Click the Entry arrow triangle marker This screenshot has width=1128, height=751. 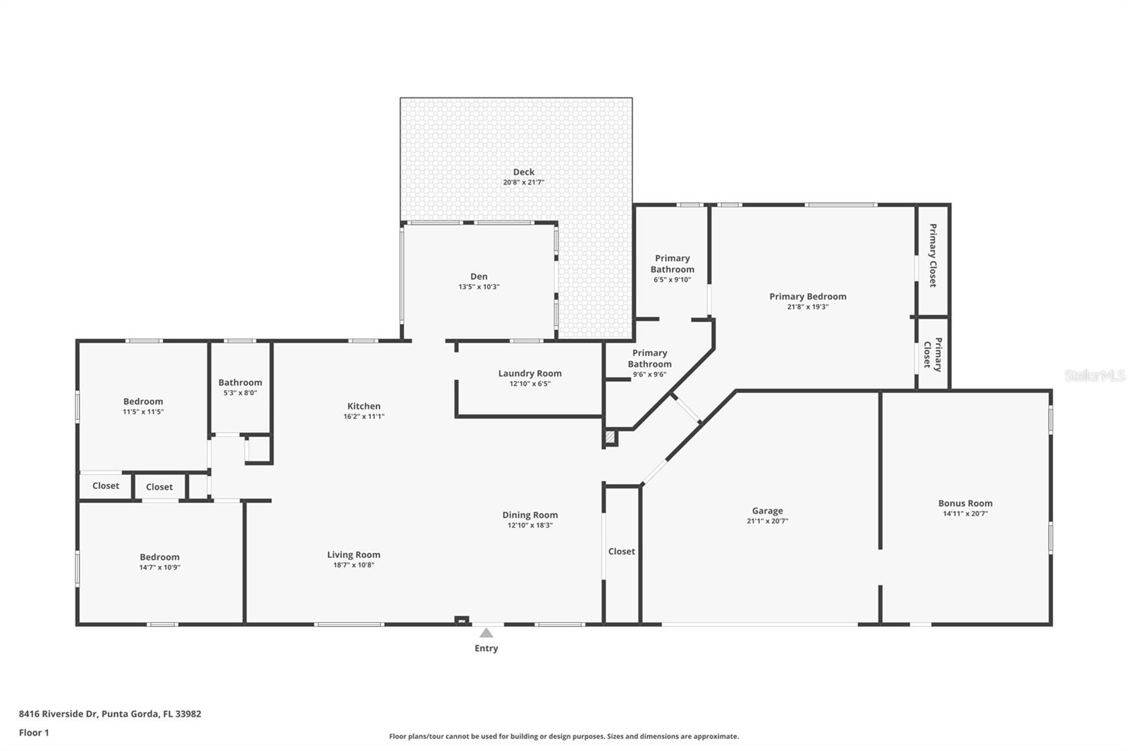486,633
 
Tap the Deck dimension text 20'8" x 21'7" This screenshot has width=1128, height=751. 523,182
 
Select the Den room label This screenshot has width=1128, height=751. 479,276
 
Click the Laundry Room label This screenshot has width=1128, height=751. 529,373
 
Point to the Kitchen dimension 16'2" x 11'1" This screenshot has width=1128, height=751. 364,416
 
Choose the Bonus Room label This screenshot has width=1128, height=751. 964,503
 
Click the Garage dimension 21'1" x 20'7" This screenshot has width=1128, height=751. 767,521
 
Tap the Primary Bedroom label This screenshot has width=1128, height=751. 807,297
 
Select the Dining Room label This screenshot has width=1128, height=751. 529,515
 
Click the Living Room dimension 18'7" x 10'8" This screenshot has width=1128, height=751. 353,565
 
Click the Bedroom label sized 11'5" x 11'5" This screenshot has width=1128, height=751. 143,402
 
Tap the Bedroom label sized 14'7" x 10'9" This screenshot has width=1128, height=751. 159,557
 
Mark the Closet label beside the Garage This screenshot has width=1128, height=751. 621,552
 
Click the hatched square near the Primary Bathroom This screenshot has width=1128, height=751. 611,437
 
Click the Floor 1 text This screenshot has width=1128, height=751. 34,733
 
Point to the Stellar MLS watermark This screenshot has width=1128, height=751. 1094,375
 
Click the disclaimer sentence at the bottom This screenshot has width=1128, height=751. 563,736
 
